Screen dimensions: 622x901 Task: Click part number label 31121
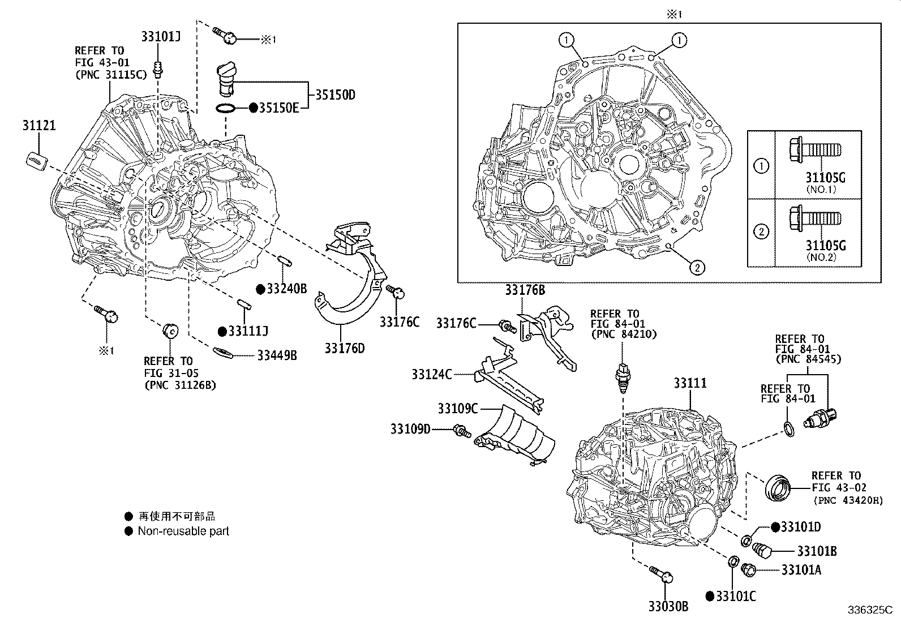pyautogui.click(x=39, y=125)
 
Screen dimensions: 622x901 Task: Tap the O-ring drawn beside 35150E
pyautogui.click(x=225, y=108)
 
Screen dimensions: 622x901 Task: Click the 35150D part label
pyautogui.click(x=334, y=95)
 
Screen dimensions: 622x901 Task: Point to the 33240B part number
pyautogui.click(x=286, y=289)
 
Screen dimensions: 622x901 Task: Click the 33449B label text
pyautogui.click(x=277, y=355)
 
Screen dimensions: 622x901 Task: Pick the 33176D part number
pyautogui.click(x=344, y=348)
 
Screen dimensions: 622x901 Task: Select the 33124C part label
pyautogui.click(x=431, y=374)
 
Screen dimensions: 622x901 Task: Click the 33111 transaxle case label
pyautogui.click(x=690, y=383)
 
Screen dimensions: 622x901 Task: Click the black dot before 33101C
pyautogui.click(x=710, y=596)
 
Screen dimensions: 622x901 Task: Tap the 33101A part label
pyautogui.click(x=801, y=570)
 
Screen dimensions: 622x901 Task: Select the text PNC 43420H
pyautogui.click(x=848, y=500)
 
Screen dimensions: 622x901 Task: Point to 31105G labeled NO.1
pyautogui.click(x=825, y=178)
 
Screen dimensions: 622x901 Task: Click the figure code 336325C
pyautogui.click(x=870, y=611)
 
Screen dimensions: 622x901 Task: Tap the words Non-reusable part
pyautogui.click(x=183, y=531)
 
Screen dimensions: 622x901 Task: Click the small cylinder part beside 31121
pyautogui.click(x=36, y=160)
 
